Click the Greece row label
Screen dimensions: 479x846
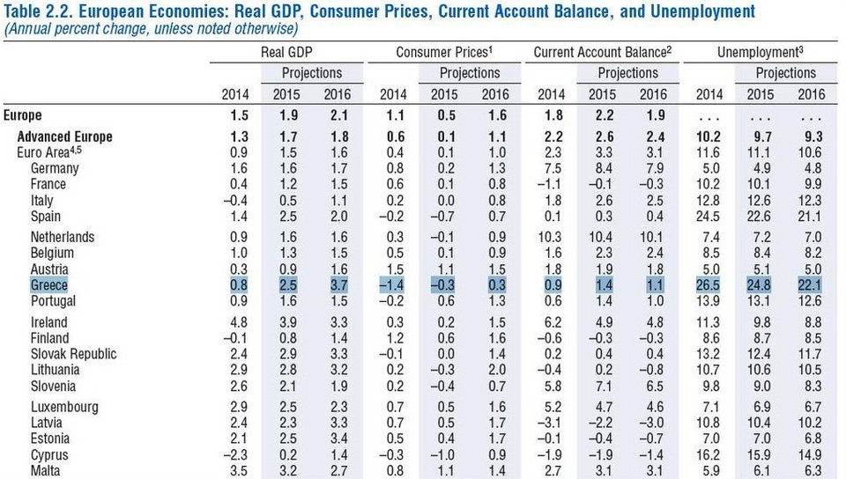point(48,285)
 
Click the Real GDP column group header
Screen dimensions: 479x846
point(289,53)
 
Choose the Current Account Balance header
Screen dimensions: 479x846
point(603,53)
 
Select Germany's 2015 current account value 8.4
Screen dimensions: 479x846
point(604,168)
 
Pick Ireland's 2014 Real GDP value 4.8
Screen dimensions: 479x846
point(237,322)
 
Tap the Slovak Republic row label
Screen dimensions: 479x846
point(73,354)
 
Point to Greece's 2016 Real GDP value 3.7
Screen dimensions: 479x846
point(336,285)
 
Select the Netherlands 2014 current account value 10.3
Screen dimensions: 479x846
point(551,237)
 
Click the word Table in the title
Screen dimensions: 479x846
point(26,11)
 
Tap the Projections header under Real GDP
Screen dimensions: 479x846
point(312,73)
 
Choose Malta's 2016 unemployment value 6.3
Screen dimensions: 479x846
point(810,471)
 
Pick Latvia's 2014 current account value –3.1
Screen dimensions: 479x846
point(551,424)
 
